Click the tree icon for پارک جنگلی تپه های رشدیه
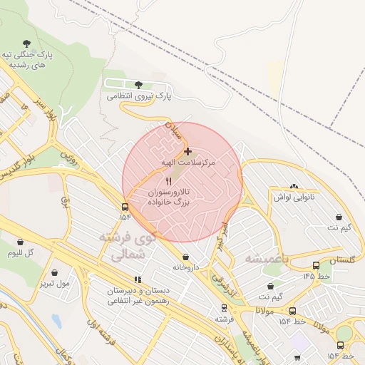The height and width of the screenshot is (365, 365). click(27, 43)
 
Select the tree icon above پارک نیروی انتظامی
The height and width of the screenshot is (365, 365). click(138, 85)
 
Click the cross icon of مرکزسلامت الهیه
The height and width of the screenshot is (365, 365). click(187, 151)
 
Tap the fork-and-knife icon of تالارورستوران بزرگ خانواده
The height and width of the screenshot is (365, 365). click(168, 181)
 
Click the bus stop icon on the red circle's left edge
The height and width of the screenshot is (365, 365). click(125, 207)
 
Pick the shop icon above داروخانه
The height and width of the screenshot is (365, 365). click(186, 257)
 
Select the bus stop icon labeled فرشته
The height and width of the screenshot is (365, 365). click(225, 309)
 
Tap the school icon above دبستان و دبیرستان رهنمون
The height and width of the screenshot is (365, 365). click(137, 280)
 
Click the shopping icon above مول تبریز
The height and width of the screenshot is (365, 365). click(55, 272)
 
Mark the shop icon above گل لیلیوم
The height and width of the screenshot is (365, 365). click(20, 242)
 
